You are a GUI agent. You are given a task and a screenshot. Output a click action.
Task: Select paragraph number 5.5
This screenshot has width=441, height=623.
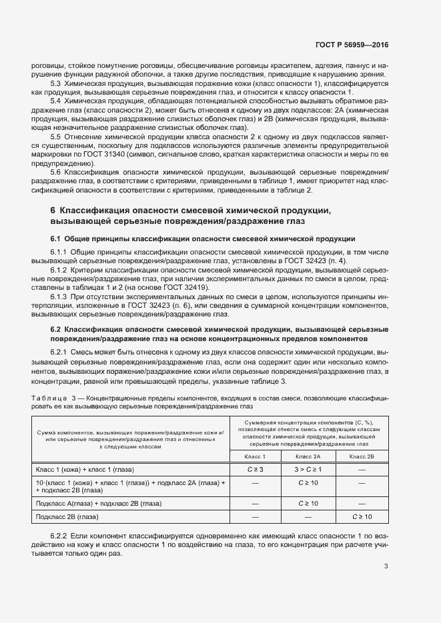tap(56, 136)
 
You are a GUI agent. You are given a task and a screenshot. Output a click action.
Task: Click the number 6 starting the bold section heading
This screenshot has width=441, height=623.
tap(53, 211)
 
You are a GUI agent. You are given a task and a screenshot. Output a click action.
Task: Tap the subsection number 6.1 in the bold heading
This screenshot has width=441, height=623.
tap(56, 239)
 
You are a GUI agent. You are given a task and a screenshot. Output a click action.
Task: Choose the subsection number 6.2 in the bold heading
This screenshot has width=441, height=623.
tap(56, 329)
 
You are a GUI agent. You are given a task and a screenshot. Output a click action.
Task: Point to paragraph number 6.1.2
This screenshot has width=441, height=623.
tap(60, 269)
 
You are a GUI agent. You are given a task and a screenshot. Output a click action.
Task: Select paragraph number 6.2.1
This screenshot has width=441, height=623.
tap(60, 351)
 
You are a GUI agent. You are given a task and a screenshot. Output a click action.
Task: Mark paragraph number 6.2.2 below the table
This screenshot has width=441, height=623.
tap(60, 535)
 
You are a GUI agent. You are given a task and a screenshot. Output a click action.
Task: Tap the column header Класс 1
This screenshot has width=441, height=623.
tap(254, 456)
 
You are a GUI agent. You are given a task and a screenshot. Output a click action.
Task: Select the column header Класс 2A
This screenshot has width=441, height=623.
tap(308, 456)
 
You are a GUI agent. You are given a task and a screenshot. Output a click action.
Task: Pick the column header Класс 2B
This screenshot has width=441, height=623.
tap(362, 456)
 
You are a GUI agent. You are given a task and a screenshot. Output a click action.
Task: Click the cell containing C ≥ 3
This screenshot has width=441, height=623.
tap(254, 469)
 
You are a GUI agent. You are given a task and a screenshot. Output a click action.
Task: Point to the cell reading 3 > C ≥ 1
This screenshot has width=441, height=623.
tap(308, 469)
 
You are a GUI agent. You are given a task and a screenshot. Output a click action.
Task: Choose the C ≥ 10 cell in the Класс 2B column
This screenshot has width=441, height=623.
tap(362, 516)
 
